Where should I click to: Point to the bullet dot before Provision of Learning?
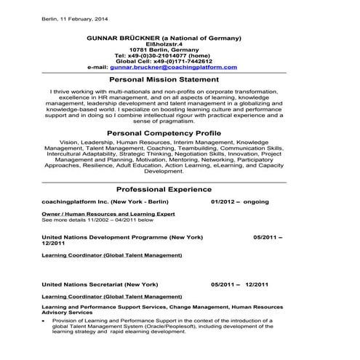click(45, 321)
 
